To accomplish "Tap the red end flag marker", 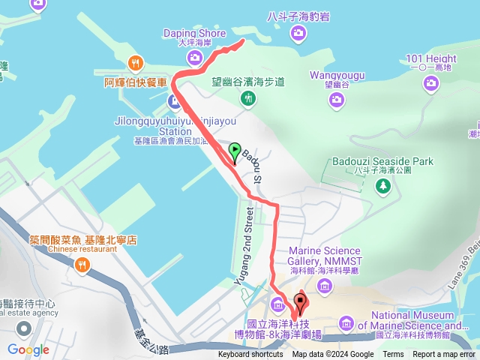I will point(301,304).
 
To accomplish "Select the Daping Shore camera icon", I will point(194,57).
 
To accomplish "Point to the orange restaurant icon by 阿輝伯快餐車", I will point(136,63).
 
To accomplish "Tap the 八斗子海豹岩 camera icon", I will point(298,32).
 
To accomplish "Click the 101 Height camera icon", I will point(430,83).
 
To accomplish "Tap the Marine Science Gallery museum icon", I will point(325,285).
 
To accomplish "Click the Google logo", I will point(28,349).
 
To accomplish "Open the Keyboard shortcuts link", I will point(250,355).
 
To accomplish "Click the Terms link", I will point(393,355).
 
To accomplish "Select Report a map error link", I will point(444,355).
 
